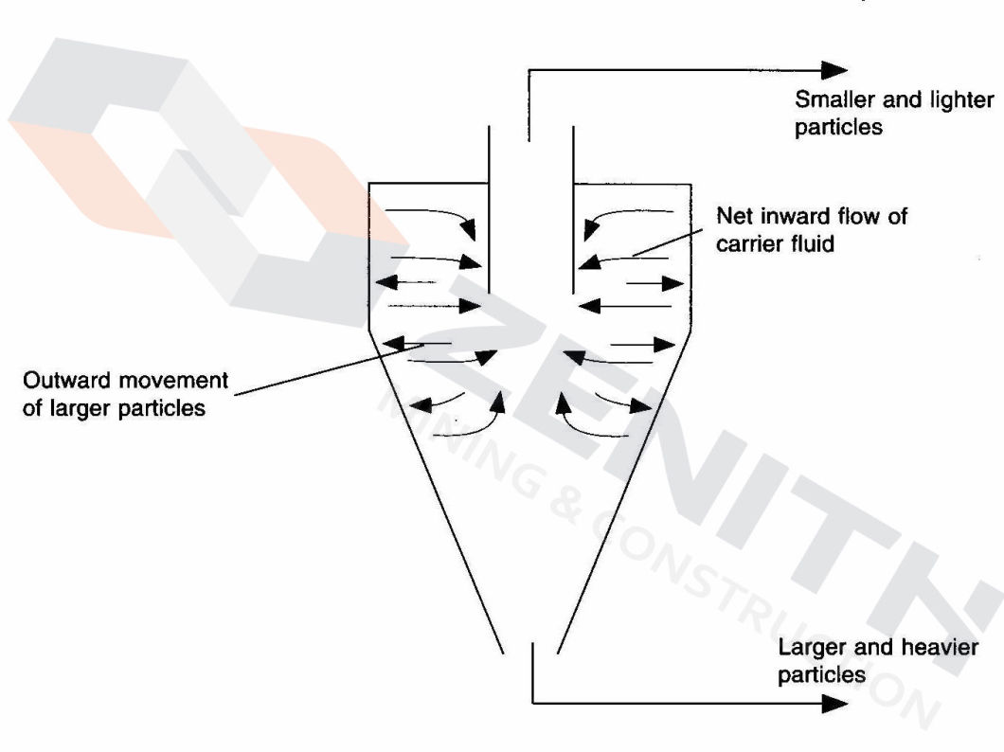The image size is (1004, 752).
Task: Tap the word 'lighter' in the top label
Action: pyautogui.click(x=961, y=100)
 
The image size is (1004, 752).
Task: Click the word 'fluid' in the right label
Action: pyautogui.click(x=815, y=243)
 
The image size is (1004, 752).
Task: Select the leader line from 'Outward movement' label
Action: pyautogui.click(x=313, y=374)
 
